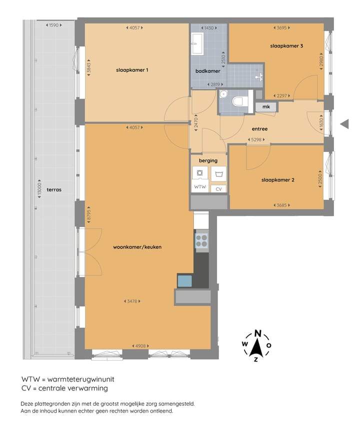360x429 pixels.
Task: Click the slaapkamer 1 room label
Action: tap(132, 70)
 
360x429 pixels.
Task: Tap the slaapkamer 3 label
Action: tap(286, 46)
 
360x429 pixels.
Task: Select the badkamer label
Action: tap(207, 71)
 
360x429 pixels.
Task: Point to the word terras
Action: tap(54, 189)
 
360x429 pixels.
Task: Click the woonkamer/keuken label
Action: tap(137, 247)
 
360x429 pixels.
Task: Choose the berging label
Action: tap(208, 160)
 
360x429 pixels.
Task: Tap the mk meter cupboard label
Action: tap(266, 106)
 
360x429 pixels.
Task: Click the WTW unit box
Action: tap(200, 186)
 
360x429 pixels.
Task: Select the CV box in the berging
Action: tap(218, 189)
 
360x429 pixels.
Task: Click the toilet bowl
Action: tap(240, 101)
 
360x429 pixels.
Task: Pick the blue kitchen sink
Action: tap(184, 281)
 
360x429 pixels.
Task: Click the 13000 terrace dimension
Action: tap(39, 189)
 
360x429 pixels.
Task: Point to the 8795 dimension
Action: tap(88, 215)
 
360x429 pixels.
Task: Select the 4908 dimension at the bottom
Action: tap(140, 346)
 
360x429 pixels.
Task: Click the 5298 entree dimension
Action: tap(256, 139)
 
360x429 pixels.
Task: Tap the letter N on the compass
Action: tap(257, 333)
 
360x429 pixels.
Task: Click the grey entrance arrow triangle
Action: tap(344, 124)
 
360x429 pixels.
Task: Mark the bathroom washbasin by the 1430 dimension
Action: tap(196, 44)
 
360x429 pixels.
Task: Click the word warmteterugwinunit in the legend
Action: tap(80, 379)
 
